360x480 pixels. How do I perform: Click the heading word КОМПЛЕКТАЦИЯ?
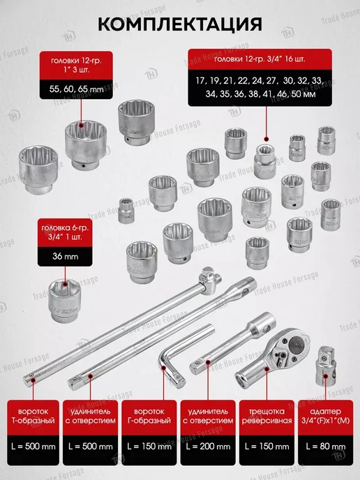tap(180, 24)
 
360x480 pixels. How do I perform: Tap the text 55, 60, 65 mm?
tap(76, 89)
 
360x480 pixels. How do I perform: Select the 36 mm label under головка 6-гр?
tap(65, 256)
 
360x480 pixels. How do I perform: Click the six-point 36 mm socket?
tap(65, 300)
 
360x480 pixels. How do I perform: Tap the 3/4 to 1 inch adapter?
tap(326, 366)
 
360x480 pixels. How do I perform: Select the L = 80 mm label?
tap(325, 447)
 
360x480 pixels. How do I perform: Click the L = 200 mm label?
tap(208, 447)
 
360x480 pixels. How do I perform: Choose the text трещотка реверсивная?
tap(267, 416)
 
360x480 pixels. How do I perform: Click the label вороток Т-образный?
tap(33, 416)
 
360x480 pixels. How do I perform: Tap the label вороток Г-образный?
tap(149, 416)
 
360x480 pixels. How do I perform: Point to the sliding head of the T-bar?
tap(210, 280)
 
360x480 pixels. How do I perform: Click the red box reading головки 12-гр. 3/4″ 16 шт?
tap(260, 59)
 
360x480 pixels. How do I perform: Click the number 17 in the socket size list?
tap(200, 81)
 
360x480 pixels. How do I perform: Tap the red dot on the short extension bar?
tap(208, 362)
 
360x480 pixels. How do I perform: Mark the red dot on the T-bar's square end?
tap(33, 380)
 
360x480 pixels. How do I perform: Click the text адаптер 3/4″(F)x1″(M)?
tap(325, 416)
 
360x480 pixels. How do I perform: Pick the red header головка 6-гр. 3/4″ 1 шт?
tap(65, 232)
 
